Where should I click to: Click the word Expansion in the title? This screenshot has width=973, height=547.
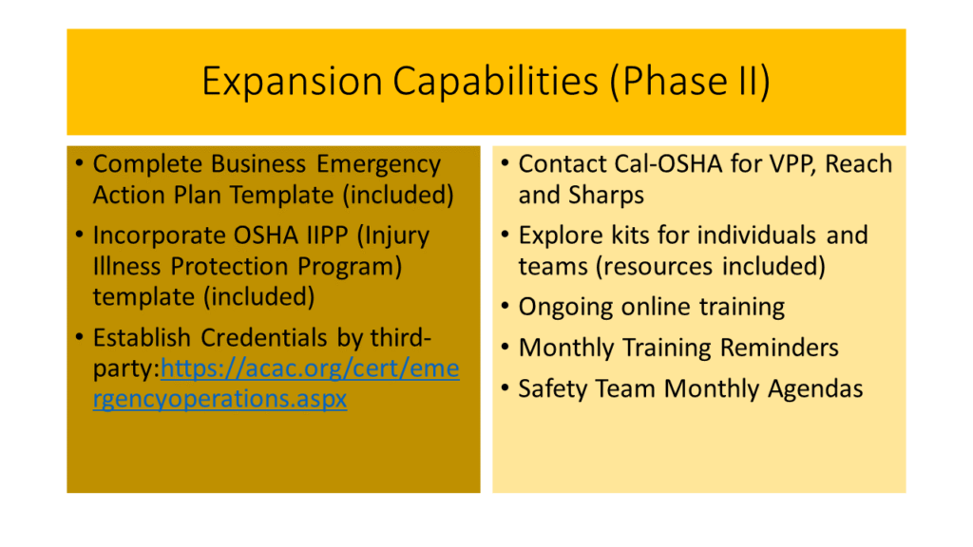[292, 82]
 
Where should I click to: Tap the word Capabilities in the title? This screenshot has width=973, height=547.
[494, 81]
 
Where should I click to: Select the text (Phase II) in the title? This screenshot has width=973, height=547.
[690, 82]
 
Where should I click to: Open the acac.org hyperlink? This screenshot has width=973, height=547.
[277, 384]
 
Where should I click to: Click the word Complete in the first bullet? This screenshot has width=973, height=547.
[147, 165]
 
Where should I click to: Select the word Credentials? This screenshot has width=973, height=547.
[265, 338]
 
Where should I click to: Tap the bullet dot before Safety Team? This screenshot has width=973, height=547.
[506, 388]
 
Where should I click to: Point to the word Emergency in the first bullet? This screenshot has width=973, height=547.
[378, 165]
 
